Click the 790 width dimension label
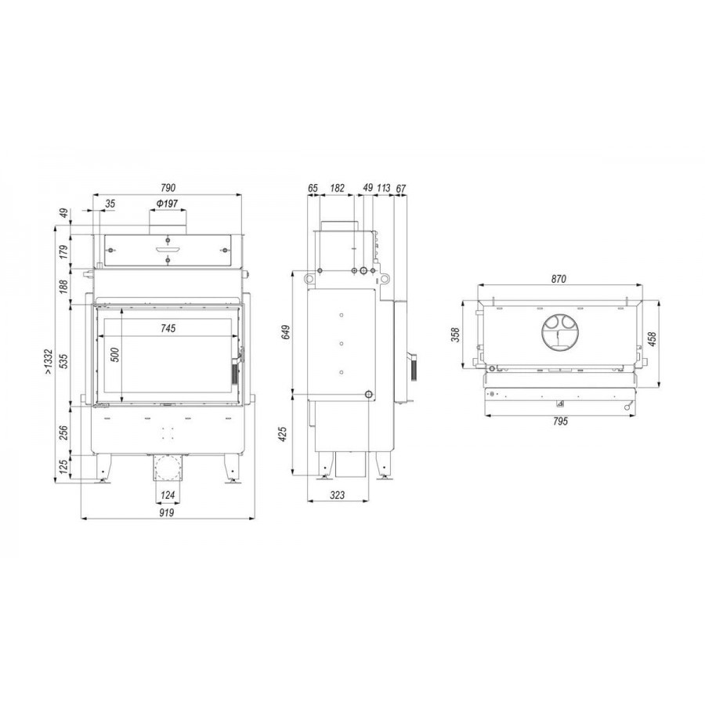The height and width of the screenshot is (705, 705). pos(168,187)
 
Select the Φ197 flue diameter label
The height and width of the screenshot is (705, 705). pos(168,204)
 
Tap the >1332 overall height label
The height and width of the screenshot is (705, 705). pos(49,362)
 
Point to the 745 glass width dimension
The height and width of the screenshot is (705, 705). pos(168,329)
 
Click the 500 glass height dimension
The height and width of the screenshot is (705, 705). pos(115,355)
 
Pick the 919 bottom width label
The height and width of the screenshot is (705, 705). pos(166,512)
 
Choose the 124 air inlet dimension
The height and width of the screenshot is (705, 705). pos(168,496)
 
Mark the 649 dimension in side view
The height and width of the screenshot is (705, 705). pos(285,332)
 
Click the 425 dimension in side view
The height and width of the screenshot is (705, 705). pos(283,434)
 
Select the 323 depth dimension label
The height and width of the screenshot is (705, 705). pos(337,495)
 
